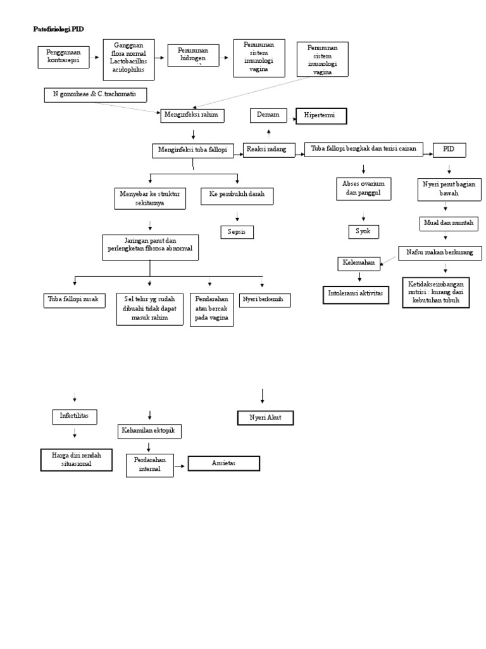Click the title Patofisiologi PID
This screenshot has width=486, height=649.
pyautogui.click(x=58, y=29)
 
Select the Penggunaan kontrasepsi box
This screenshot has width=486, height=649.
pyautogui.click(x=63, y=57)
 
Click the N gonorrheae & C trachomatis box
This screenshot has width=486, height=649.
pyautogui.click(x=95, y=94)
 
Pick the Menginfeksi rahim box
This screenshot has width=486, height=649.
pyautogui.click(x=193, y=114)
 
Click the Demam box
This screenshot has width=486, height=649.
pyautogui.click(x=268, y=115)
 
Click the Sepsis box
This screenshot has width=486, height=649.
pyautogui.click(x=237, y=232)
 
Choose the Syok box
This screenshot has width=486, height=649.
pyautogui.click(x=364, y=231)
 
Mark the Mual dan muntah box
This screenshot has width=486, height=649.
pyautogui.click(x=449, y=224)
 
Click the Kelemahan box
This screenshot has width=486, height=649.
pyautogui.click(x=358, y=262)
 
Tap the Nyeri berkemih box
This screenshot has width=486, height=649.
pyautogui.click(x=265, y=300)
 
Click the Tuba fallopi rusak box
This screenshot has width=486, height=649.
pyautogui.click(x=74, y=299)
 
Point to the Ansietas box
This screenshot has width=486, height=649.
pyautogui.click(x=224, y=463)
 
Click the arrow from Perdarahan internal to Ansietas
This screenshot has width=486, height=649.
pyautogui.click(x=180, y=466)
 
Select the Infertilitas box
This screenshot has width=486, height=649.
pyautogui.click(x=74, y=416)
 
